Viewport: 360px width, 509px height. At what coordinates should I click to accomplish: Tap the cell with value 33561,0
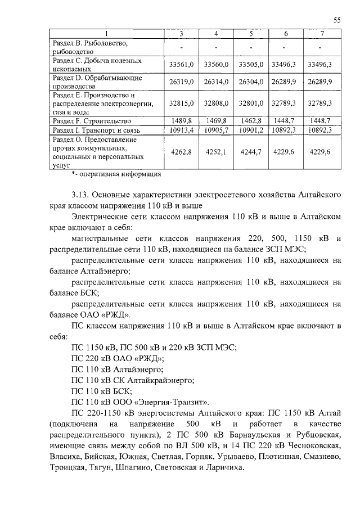click(x=181, y=65)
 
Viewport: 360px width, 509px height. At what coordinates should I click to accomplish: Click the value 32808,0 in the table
click(x=216, y=103)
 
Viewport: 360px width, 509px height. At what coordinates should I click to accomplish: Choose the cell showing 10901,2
click(x=250, y=130)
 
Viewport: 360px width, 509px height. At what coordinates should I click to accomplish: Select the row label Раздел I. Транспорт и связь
click(x=96, y=130)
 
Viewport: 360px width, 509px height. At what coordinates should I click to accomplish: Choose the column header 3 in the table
click(x=181, y=34)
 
